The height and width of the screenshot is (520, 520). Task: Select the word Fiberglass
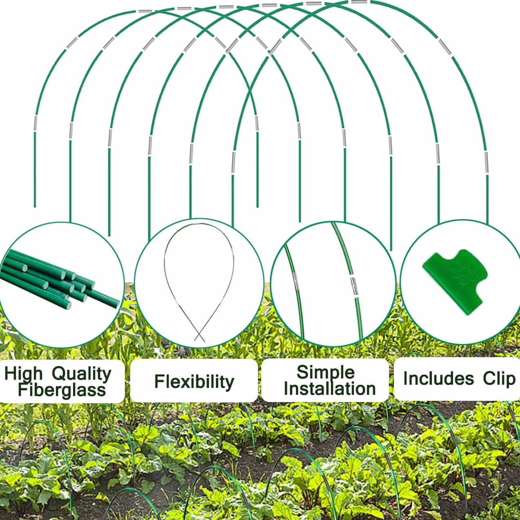62,390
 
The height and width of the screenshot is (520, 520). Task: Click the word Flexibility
194,381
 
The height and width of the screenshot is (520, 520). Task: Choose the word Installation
329,389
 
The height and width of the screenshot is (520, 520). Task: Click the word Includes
438,378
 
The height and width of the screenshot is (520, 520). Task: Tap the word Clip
499,379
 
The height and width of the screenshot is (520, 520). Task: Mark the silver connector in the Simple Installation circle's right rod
354,287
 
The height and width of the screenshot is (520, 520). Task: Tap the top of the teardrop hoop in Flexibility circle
199,224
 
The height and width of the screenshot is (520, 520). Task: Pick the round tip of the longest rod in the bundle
117,304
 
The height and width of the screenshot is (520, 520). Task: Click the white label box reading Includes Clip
457,379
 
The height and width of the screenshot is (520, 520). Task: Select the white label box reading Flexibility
194,381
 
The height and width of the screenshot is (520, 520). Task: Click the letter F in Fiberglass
23,389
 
